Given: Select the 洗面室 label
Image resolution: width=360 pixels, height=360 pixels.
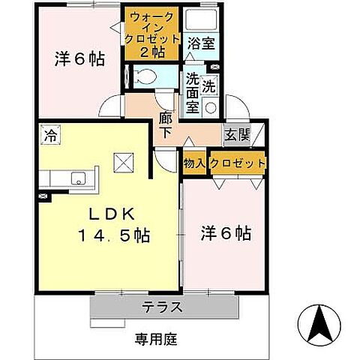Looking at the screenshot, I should [x=193, y=92].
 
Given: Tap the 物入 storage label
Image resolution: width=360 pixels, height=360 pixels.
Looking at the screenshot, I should [x=194, y=163].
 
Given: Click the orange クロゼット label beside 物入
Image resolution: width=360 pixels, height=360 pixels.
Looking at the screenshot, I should [x=238, y=163].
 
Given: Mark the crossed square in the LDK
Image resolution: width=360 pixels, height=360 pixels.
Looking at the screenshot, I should [x=122, y=162].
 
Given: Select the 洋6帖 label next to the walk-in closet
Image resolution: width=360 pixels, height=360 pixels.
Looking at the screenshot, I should [x=78, y=59].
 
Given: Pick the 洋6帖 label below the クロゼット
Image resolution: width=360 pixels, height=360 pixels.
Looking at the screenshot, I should [x=225, y=234].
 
